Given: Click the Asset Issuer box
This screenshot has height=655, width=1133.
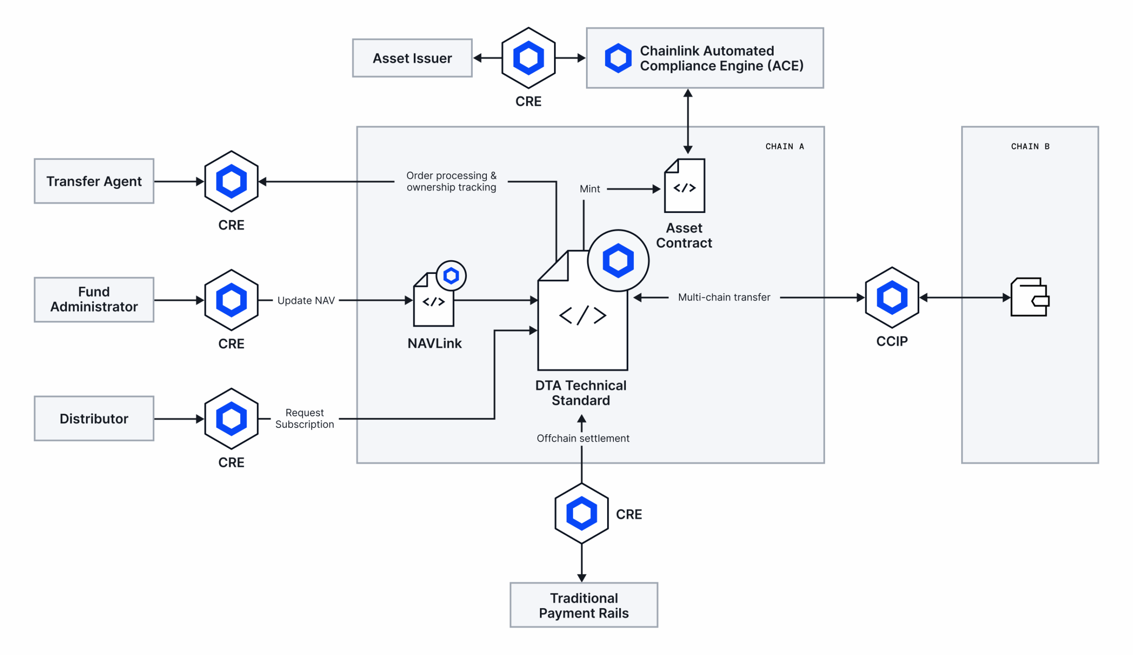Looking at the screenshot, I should tap(412, 58).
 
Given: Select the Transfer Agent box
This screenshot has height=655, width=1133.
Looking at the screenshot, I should tap(94, 181).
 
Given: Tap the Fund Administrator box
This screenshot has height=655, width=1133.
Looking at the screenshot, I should tap(94, 300).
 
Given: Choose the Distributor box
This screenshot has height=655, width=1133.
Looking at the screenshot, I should tap(94, 418).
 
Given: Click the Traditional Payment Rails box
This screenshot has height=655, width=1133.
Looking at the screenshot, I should tap(584, 605).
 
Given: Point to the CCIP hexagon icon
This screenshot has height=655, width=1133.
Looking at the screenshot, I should tap(891, 297).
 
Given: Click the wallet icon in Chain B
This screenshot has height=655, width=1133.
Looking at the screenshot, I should tap(1029, 297).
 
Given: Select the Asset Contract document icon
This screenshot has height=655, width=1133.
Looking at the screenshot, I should tap(684, 186).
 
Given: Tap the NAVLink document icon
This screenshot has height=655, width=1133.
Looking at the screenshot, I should tap(434, 301).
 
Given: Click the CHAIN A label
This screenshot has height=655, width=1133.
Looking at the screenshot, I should tap(784, 146).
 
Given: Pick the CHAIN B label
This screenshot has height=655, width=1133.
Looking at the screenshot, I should tap(1029, 146).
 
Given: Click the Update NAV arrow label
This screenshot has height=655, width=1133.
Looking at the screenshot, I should tap(306, 301).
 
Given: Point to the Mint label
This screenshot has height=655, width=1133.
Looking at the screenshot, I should tap(590, 189).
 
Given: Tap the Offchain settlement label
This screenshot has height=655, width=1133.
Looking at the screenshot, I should tap(583, 438).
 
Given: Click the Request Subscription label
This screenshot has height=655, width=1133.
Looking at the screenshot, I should tap(304, 418).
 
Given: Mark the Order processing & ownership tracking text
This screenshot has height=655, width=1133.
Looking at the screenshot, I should tap(451, 181).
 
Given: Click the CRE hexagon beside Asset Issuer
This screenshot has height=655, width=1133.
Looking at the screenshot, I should tap(528, 58).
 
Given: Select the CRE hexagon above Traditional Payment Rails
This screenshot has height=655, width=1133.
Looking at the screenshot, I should tap(582, 513).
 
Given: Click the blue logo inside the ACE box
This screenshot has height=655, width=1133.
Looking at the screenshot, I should tap(618, 58).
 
